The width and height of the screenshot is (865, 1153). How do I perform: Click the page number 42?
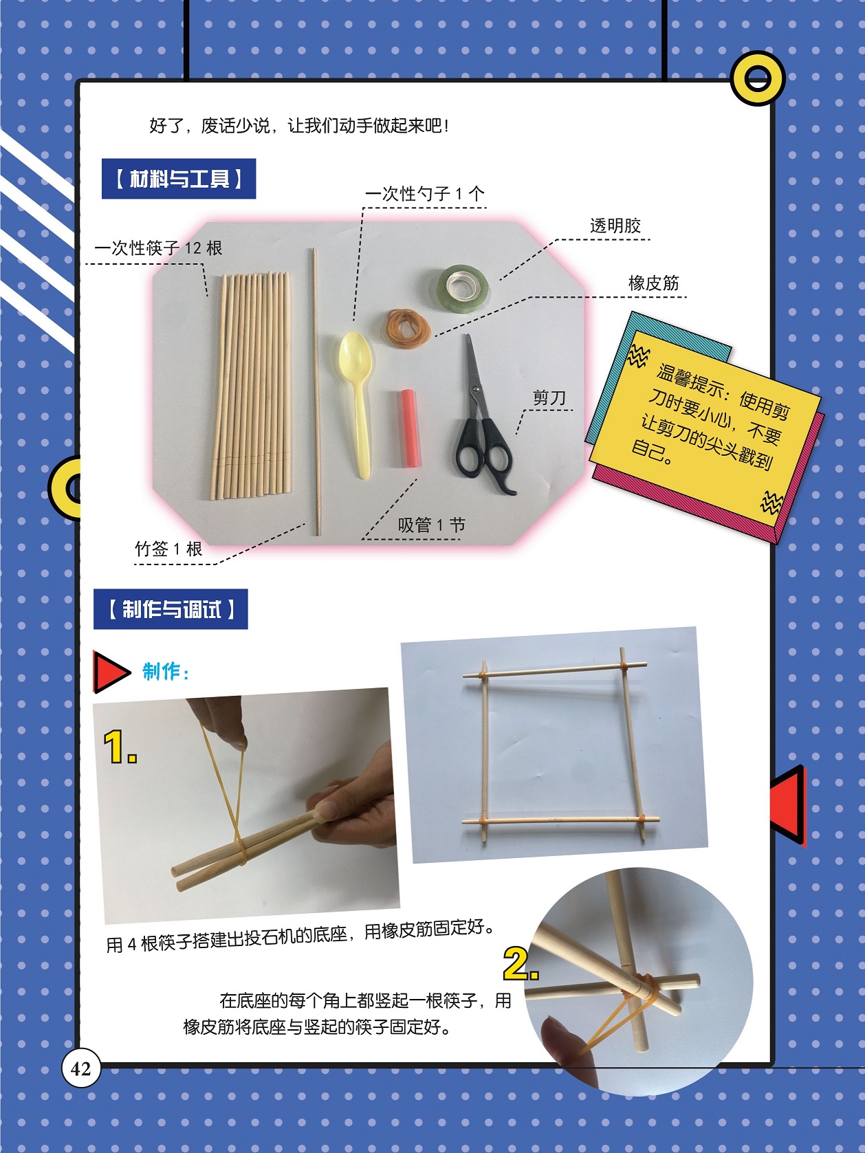80,1068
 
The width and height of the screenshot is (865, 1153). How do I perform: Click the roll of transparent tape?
463,287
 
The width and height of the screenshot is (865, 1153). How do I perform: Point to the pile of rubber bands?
408,326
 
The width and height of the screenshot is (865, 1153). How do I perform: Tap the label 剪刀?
549,397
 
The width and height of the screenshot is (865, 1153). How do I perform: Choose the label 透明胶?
615,226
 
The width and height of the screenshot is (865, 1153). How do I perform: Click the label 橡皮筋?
653,283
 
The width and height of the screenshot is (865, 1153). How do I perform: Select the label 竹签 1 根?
168,549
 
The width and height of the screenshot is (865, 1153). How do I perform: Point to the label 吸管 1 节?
431,525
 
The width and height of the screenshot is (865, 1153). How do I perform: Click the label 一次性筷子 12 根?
158,248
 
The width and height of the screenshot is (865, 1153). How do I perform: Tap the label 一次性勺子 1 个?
424,194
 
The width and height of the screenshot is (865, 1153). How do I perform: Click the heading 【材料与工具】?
179,179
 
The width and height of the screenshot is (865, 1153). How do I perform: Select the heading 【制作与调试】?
171,609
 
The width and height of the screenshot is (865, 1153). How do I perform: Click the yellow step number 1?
120,747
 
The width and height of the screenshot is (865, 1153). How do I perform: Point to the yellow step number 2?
521,964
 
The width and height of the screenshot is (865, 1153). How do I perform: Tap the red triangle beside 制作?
110,672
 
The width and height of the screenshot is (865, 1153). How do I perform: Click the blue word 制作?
166,671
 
